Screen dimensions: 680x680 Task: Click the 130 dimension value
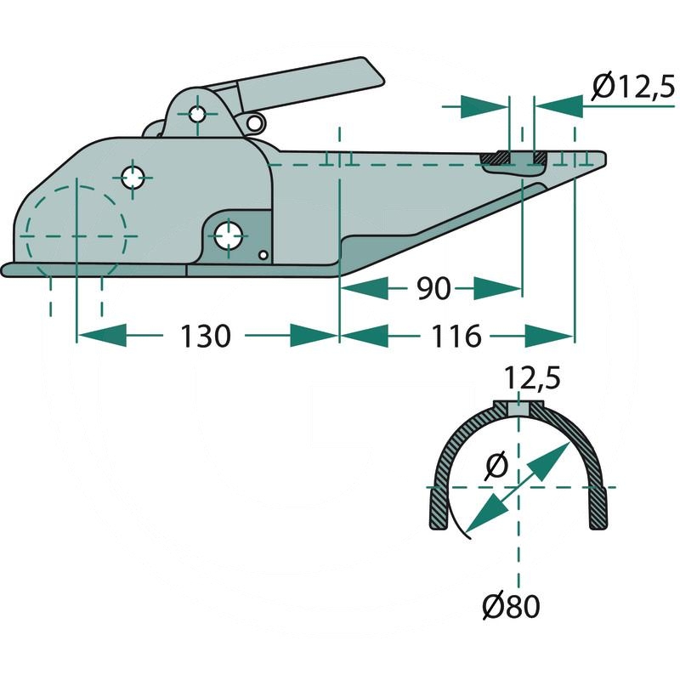click(x=206, y=337)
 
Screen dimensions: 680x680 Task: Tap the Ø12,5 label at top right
click(x=631, y=87)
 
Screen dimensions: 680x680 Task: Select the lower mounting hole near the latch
click(x=228, y=235)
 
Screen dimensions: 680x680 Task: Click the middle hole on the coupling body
click(x=133, y=178)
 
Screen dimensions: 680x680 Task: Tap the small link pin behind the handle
click(x=253, y=124)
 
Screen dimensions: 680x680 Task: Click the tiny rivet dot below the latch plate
click(x=263, y=255)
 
